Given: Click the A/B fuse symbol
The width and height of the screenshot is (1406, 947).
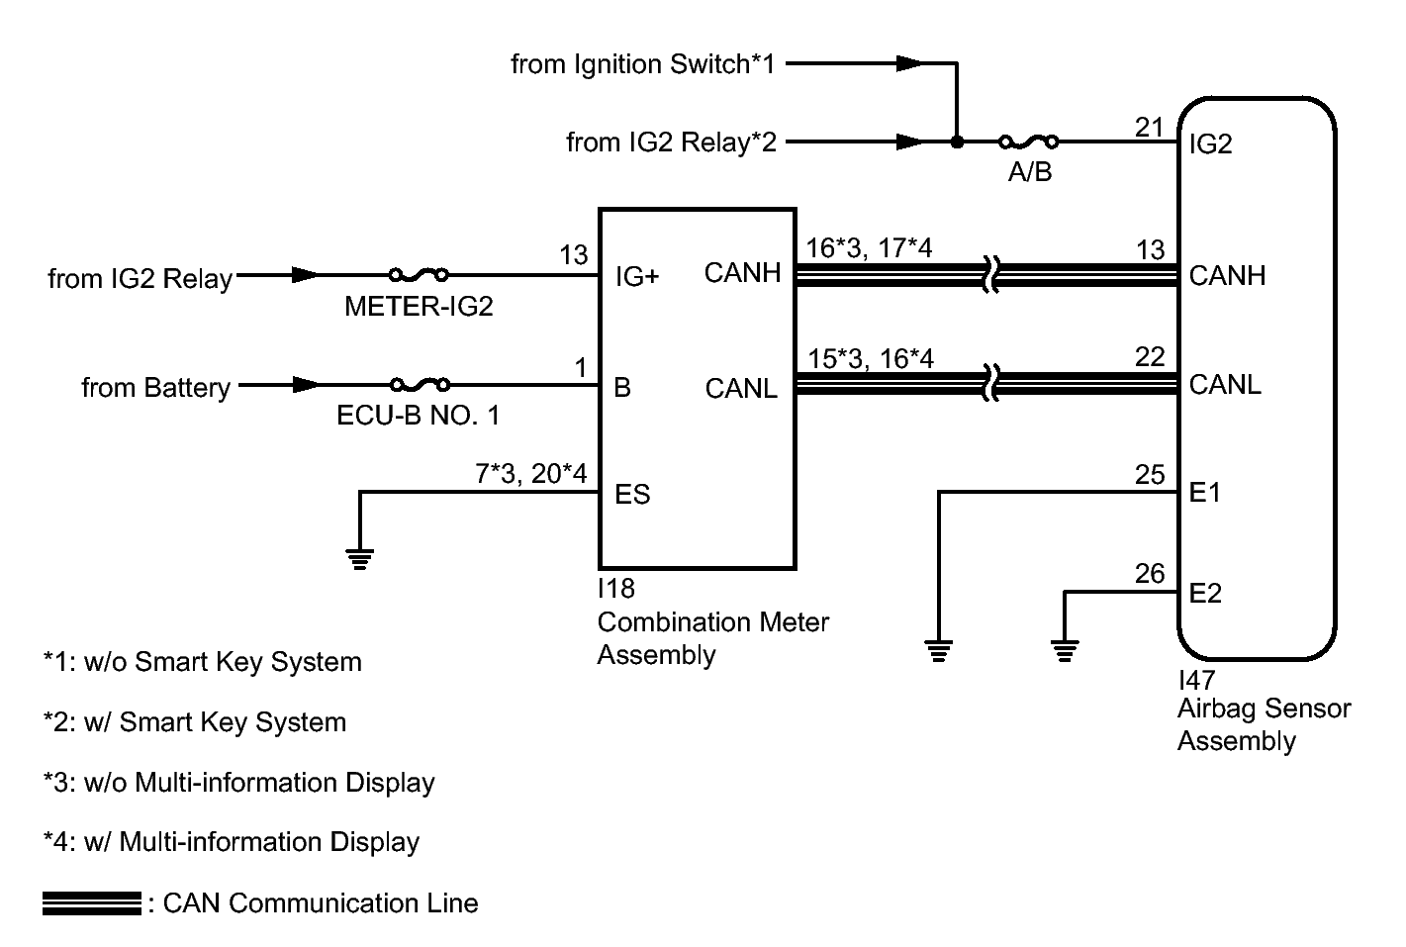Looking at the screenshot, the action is click(x=1028, y=142).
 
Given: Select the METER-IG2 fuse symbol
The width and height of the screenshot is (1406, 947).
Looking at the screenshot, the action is click(x=419, y=274).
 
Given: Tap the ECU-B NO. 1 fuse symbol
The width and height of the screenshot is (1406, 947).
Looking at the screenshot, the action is click(x=420, y=383).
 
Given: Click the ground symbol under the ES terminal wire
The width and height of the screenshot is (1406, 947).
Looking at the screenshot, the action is click(x=359, y=559).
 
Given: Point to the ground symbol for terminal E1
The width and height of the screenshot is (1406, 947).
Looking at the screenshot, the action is click(x=938, y=651).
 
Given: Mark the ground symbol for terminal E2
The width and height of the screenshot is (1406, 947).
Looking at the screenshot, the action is click(x=1065, y=651).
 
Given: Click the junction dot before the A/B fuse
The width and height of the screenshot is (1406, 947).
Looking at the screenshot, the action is click(x=957, y=142).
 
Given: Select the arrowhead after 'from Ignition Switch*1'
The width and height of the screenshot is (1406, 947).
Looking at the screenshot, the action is click(x=910, y=63).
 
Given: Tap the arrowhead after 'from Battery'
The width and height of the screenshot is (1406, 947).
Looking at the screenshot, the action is click(x=307, y=384).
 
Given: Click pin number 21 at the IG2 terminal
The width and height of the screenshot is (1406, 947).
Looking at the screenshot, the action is click(x=1150, y=128).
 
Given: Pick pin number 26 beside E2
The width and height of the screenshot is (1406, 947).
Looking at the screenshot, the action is click(x=1150, y=573).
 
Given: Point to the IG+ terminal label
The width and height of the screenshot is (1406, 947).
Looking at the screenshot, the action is click(x=637, y=276).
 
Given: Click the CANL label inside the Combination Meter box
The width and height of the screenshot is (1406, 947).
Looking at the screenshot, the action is click(x=741, y=389).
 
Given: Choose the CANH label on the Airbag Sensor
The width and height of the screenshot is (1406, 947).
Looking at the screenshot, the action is click(x=1227, y=275).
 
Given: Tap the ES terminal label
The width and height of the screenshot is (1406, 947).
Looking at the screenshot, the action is click(x=632, y=494).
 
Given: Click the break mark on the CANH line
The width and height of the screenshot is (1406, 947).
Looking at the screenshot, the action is click(x=990, y=275).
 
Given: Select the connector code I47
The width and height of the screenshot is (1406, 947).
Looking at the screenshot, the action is click(x=1196, y=680).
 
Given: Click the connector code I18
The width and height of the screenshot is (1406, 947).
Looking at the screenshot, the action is click(x=615, y=589).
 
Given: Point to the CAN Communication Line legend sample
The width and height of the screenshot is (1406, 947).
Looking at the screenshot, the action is click(x=92, y=903).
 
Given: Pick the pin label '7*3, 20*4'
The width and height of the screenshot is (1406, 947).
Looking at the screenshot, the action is click(x=531, y=474).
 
